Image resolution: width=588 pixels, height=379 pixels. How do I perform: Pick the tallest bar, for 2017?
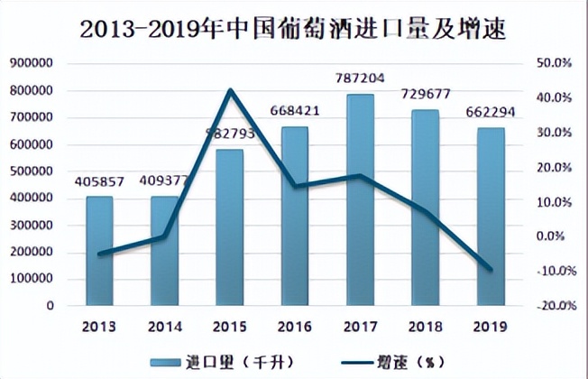click(360, 199)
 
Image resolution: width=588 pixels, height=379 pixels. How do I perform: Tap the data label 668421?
click(295, 112)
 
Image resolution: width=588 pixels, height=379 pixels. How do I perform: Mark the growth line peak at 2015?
click(230, 90)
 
